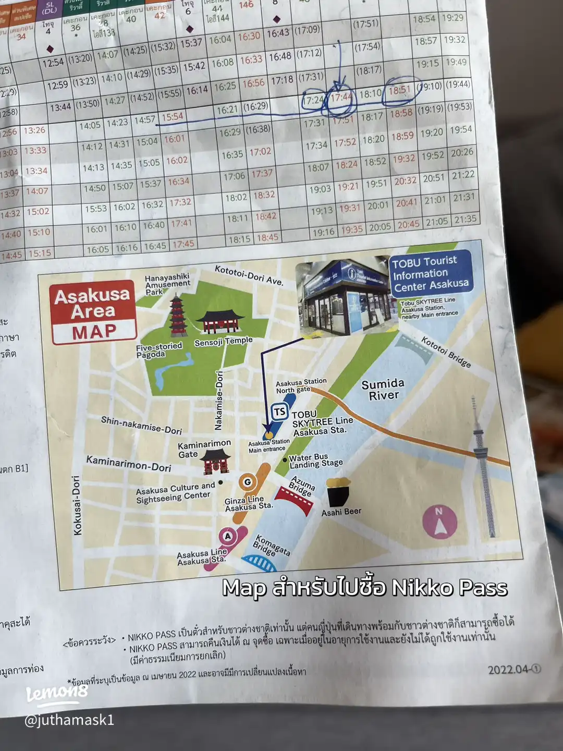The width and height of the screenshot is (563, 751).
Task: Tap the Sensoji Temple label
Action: tap(223, 342)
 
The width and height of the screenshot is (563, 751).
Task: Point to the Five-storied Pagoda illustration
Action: tap(178, 315)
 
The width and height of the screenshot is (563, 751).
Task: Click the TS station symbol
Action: tap(280, 411)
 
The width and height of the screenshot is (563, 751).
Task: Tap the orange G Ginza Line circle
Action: tap(248, 482)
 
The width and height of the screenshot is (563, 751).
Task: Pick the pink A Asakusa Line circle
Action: tap(227, 536)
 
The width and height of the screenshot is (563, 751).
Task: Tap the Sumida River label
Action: tap(383, 390)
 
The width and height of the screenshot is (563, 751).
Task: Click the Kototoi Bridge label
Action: tap(446, 352)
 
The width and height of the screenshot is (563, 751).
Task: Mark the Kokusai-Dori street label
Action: tap(77, 505)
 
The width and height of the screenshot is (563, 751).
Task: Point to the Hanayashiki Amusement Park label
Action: tap(167, 284)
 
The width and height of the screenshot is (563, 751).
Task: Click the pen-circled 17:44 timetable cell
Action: tap(341, 98)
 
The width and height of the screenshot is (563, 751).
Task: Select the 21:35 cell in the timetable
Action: tap(465, 220)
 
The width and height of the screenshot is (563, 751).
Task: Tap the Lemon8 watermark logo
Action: tap(57, 693)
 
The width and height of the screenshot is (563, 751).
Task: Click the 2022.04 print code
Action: tap(514, 669)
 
